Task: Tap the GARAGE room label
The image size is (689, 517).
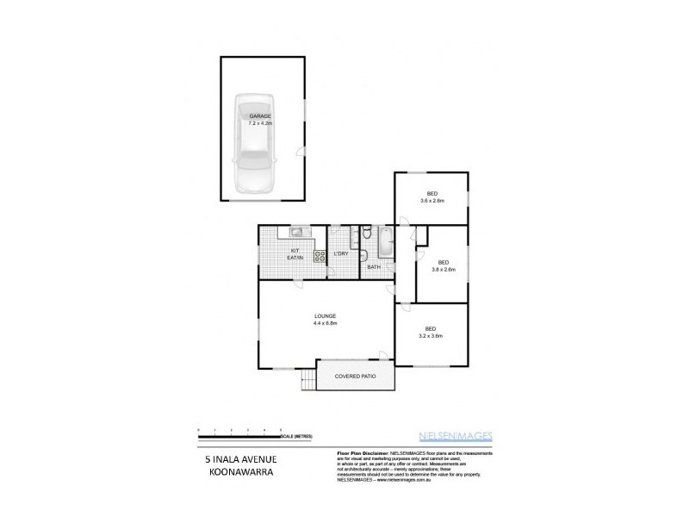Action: pyautogui.click(x=261, y=115)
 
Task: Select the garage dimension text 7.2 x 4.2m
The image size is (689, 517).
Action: pyautogui.click(x=261, y=123)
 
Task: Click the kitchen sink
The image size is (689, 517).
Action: pyautogui.click(x=298, y=232)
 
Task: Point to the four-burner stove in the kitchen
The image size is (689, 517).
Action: pyautogui.click(x=319, y=255)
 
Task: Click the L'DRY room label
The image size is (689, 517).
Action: pyautogui.click(x=341, y=254)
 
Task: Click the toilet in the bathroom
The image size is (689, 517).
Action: pyautogui.click(x=366, y=234)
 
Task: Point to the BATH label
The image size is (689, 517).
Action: pyautogui.click(x=374, y=267)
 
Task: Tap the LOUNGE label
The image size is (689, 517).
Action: pyautogui.click(x=325, y=315)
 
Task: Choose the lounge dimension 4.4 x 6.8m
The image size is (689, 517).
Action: pyautogui.click(x=325, y=323)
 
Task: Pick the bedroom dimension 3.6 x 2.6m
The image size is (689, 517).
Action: pyautogui.click(x=432, y=201)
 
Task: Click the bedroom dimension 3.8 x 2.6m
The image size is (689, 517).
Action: pyautogui.click(x=443, y=270)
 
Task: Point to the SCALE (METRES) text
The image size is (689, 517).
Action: pyautogui.click(x=302, y=437)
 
